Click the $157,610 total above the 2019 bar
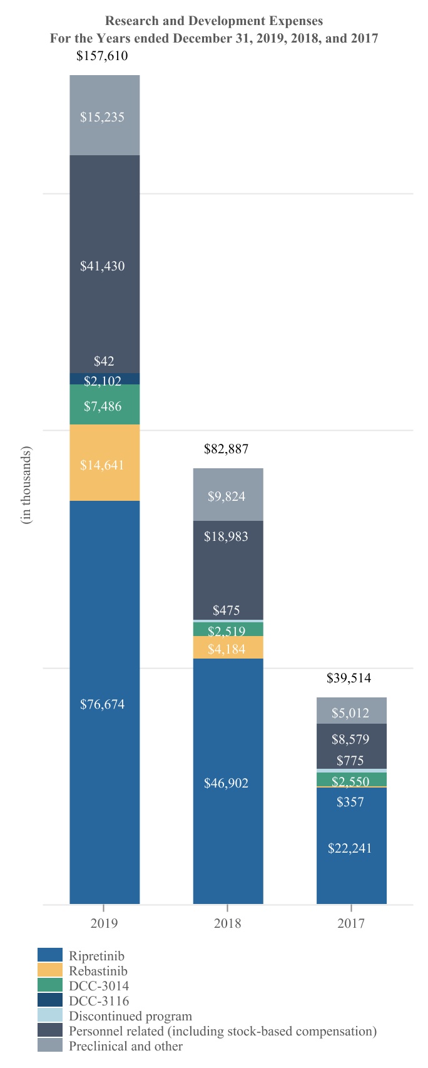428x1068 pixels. pos(102,56)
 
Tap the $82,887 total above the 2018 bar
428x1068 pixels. pos(226,449)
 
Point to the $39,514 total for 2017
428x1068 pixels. pos(349,679)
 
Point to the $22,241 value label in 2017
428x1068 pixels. pos(350,848)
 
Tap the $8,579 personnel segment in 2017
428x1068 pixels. pos(350,739)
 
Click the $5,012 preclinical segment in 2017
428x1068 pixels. pos(350,713)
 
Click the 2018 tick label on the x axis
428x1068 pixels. pos(227,923)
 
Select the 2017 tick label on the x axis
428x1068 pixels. pos(351,923)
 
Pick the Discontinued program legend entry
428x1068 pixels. pos(130,1016)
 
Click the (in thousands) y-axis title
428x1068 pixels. pos(26,485)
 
